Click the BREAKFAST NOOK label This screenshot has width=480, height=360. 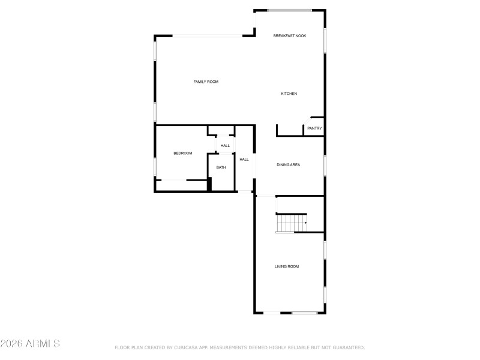tap(290, 36)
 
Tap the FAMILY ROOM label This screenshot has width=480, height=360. tap(206, 82)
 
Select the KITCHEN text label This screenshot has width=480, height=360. tap(289, 94)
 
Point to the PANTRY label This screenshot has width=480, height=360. tap(314, 128)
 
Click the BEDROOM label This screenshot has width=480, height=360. tap(183, 154)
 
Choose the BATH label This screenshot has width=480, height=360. tap(221, 167)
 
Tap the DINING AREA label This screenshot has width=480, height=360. tap(288, 164)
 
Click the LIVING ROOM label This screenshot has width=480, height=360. tap(287, 266)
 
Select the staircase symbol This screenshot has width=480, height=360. tap(291, 223)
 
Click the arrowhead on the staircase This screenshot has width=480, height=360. tap(306, 223)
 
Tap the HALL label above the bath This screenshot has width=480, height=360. tap(225, 146)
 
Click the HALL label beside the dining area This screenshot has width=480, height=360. tap(244, 160)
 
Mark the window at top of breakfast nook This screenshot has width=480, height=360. tap(289, 10)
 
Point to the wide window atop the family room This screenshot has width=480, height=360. tap(208, 36)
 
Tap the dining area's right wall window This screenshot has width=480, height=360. tap(325, 165)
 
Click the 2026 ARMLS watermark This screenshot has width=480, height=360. tap(30, 344)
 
